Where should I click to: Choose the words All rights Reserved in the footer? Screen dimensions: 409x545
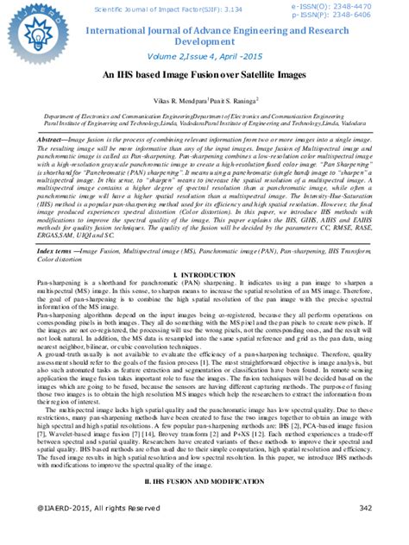[x=133, y=508]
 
